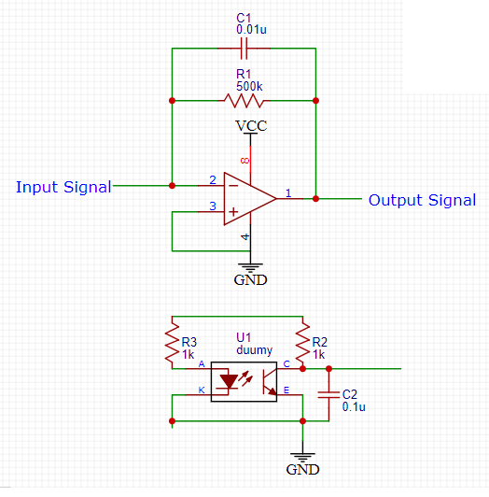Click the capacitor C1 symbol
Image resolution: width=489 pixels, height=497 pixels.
(244, 47)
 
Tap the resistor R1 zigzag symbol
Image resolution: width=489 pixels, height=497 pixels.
(244, 100)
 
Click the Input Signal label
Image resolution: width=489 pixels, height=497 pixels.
(63, 187)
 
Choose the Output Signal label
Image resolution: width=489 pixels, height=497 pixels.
(422, 200)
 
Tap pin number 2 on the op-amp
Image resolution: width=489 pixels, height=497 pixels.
(213, 179)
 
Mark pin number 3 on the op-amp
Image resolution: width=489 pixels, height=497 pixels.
(213, 206)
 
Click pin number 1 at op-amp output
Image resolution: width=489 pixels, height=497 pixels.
(287, 192)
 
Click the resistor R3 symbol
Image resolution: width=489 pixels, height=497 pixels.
(173, 344)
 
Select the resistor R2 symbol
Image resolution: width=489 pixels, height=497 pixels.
(302, 344)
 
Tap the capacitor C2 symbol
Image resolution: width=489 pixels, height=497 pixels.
(328, 394)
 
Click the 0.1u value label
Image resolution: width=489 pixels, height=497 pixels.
(354, 407)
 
